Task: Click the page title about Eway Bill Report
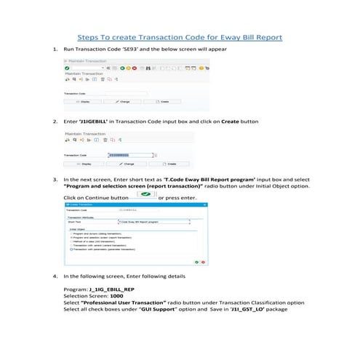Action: coord(180,36)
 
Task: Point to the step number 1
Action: coord(55,50)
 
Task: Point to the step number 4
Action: coord(55,277)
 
